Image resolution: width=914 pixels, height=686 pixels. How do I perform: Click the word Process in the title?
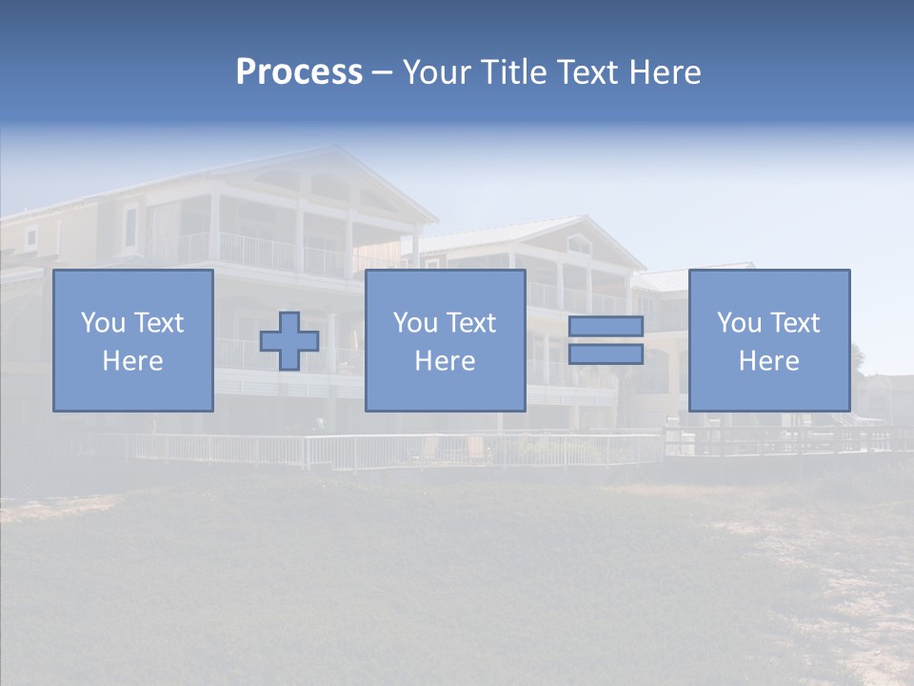pos(299,72)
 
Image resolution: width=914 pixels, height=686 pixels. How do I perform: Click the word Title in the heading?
pos(510,72)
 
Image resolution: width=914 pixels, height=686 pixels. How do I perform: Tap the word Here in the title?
pos(665,72)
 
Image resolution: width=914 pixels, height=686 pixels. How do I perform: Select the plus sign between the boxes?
pos(289,341)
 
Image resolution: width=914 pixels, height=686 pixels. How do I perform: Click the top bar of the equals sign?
pos(606,327)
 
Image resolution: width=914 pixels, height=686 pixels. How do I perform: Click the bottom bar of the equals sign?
pos(606,354)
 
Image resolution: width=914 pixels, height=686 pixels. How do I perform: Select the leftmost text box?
pos(133,340)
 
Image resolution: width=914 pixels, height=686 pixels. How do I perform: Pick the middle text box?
pos(445,340)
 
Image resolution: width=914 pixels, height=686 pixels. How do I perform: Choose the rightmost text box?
pos(768,340)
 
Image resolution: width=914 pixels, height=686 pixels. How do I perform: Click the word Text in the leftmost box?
pos(159,323)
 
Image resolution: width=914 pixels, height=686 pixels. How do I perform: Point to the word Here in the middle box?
pos(445,361)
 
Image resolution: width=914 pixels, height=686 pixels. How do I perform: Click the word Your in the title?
pos(436,72)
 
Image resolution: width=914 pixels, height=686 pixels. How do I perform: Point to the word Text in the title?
pos(587,72)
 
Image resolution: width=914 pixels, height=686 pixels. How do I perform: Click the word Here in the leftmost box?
pos(133,361)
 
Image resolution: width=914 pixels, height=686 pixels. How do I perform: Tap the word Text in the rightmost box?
pos(795,323)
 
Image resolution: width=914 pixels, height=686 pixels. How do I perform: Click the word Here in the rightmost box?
pos(768,361)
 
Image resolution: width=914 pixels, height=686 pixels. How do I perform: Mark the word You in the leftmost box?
pos(103,323)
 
